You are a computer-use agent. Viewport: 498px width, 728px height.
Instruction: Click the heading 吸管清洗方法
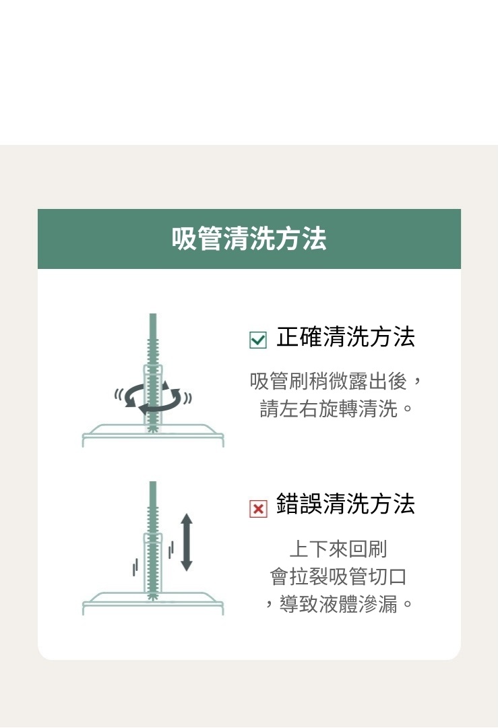pos(249,239)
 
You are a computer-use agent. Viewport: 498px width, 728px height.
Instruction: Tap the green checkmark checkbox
pos(258,340)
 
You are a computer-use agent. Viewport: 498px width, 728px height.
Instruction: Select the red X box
pos(258,509)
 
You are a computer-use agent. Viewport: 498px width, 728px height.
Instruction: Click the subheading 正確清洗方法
pos(345,336)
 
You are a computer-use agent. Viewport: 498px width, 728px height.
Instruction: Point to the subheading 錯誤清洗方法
pos(345,504)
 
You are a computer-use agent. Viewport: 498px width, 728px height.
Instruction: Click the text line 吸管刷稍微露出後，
pos(336,381)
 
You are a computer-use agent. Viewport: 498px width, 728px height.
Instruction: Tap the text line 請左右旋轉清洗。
pos(336,409)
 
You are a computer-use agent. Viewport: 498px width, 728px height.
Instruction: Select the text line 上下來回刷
pos(338,549)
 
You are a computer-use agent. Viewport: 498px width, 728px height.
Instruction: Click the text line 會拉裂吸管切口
pos(338,576)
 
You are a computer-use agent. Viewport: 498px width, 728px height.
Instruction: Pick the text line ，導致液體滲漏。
pos(338,605)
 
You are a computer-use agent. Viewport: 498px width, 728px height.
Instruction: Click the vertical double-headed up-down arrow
pos(186,542)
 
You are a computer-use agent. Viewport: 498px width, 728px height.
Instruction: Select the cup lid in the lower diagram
pos(153,603)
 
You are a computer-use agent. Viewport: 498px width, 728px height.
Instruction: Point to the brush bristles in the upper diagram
pos(153,386)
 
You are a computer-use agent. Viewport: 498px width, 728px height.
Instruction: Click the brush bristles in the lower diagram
pos(153,553)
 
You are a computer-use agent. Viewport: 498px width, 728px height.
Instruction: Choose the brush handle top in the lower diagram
pos(153,493)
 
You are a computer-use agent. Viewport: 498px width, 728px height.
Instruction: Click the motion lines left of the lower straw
pos(135,566)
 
